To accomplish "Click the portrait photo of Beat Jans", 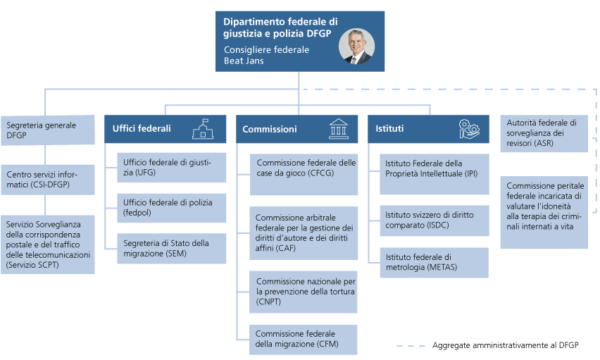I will point(356,46).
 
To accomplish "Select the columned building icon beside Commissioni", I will point(338,129).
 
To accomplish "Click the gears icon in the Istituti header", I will point(468,128).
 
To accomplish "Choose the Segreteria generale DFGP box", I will point(47,130).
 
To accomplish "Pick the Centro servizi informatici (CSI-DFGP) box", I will point(47,179).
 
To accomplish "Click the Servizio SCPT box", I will point(47,244).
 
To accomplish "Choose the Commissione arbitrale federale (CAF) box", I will point(304,232).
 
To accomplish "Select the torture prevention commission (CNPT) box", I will point(304,291).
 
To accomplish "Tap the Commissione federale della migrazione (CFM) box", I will point(304,339).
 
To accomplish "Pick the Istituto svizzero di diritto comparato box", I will point(434,220).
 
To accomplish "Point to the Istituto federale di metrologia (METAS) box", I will point(434,261).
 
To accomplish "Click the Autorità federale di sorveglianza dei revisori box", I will point(544,134).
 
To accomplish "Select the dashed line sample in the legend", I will point(411,346).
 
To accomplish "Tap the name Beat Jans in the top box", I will point(243,61).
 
